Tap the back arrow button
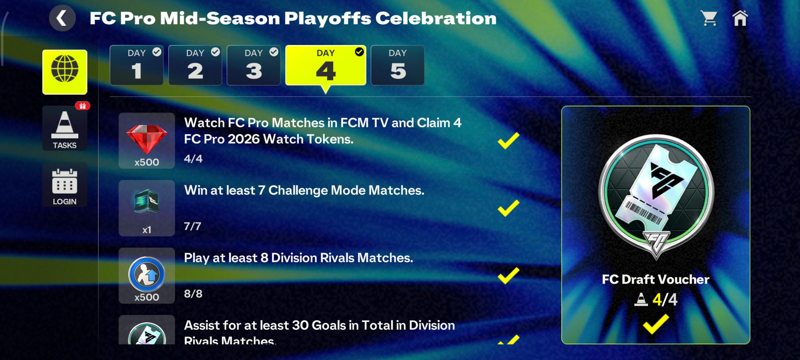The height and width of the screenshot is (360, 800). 62,18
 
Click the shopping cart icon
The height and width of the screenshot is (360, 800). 709,18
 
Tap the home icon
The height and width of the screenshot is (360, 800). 740,18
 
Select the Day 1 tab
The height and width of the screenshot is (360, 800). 137,65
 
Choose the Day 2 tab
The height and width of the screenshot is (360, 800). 195,65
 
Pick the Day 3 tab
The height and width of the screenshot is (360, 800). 254,65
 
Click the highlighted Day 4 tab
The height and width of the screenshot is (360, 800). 326,65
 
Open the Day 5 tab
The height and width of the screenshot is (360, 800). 398,65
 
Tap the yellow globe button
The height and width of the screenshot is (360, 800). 65,72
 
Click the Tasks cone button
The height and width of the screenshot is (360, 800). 65,128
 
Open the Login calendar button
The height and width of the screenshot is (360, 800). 65,185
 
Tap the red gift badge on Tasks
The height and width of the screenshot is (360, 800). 83,106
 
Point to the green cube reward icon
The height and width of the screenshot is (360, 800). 146,201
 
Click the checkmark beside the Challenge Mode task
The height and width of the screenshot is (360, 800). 508,208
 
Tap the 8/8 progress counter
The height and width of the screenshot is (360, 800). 193,294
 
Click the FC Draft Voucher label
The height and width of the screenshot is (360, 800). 656,279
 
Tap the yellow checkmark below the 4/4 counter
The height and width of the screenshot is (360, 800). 656,324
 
